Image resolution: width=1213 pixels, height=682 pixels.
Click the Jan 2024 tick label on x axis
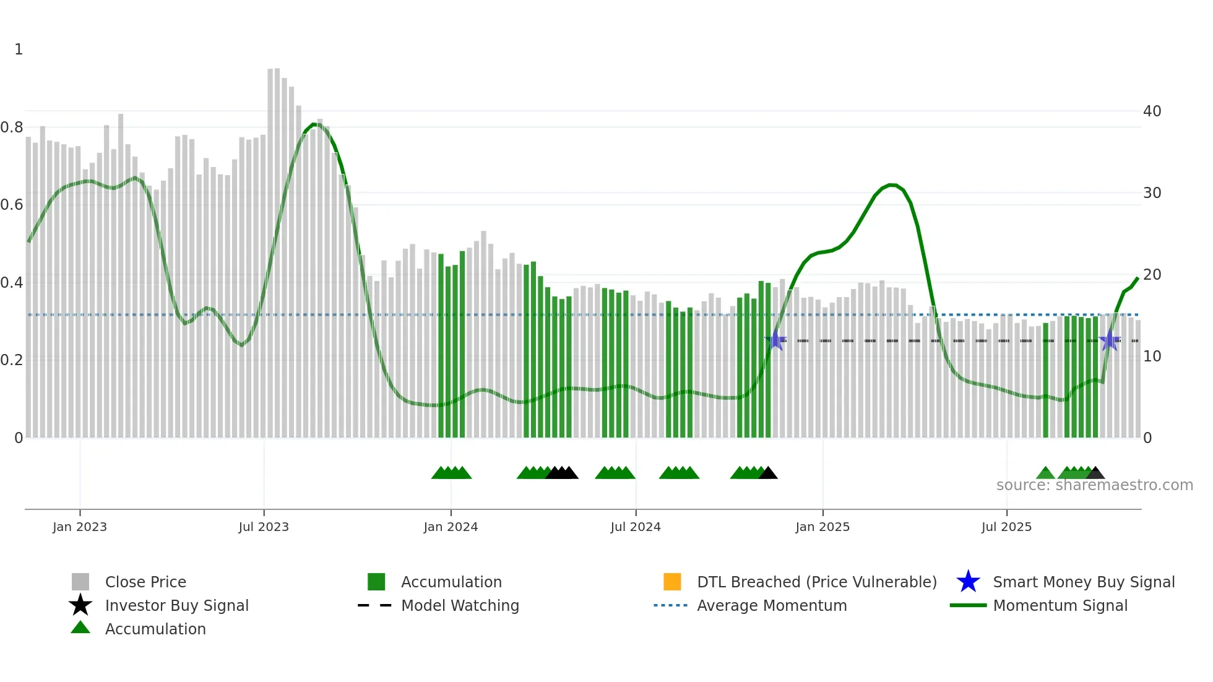451,527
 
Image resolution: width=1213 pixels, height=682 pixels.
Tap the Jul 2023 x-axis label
264,527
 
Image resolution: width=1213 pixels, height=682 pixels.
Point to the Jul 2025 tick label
1006,527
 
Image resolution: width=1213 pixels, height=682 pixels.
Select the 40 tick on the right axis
1152,111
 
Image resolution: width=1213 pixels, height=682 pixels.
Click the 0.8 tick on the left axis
12,127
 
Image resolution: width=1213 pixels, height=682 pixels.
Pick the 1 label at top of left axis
19,50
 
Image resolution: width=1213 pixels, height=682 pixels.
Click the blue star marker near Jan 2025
775,340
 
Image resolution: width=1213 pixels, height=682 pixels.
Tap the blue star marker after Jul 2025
1110,340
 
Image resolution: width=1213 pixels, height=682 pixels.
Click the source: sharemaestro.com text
1094,485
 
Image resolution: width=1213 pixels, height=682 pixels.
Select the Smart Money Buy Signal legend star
968,582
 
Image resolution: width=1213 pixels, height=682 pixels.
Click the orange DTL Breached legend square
672,582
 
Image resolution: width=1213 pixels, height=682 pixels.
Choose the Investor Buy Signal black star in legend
80,605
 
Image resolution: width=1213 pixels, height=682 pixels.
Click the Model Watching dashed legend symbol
375,605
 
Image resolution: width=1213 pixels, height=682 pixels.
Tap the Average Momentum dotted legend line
671,605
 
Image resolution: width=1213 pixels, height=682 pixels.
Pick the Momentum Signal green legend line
968,605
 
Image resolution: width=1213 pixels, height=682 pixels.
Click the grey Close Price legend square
80,582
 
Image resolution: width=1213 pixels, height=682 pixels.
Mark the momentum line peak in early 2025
892,184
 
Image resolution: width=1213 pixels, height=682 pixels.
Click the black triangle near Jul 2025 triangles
1095,473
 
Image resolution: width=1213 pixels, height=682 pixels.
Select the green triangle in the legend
80,628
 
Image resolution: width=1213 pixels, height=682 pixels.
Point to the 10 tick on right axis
1152,356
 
